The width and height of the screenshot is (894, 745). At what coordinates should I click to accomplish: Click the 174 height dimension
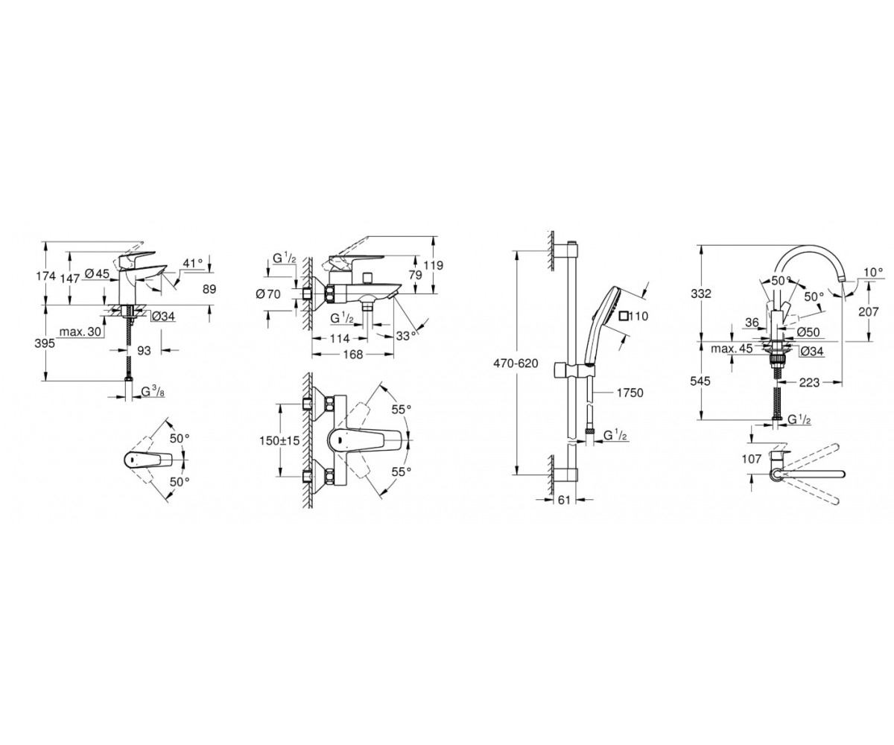coord(45,276)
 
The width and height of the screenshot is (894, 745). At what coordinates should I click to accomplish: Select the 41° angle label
coord(192,263)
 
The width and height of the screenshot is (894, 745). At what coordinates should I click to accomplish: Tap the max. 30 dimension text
coord(80,332)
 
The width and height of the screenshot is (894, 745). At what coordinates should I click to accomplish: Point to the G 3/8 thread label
coord(153,391)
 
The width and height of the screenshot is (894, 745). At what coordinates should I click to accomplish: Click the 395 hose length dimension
coord(45,343)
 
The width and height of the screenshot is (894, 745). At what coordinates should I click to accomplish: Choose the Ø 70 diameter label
coord(268,294)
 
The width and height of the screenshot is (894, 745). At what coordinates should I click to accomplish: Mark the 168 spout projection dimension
coord(353,355)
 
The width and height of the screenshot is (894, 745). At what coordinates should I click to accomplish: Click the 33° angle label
coord(406,336)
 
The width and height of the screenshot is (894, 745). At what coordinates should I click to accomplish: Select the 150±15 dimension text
coord(280,440)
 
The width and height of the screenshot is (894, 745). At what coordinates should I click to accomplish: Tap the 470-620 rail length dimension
coord(516,364)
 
